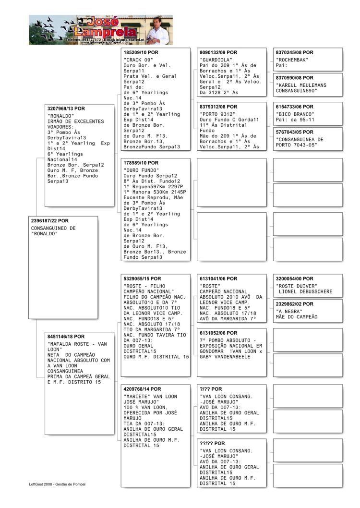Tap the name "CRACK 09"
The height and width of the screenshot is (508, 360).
tap(137, 60)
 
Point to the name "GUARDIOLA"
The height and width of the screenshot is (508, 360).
tap(213, 60)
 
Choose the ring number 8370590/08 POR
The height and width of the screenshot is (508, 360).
tap(295, 78)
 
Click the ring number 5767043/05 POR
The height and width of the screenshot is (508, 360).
tap(295, 132)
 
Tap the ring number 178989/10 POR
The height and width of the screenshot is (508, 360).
tap(141, 163)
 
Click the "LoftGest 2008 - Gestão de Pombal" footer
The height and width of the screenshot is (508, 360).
tap(57, 484)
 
